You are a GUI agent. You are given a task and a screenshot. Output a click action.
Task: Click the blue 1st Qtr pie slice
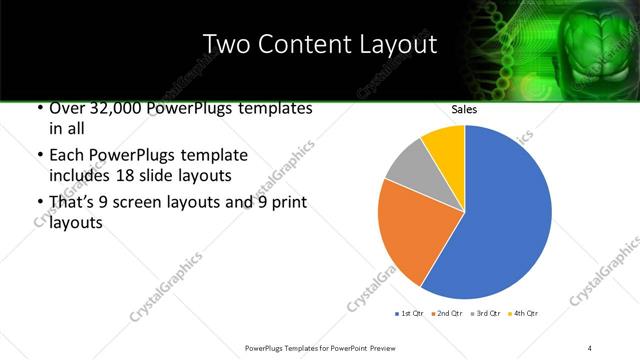click(505, 215)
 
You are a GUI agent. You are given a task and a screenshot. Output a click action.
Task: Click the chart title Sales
click(464, 111)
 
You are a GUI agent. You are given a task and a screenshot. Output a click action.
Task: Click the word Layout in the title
click(399, 44)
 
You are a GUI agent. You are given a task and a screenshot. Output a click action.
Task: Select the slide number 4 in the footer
click(590, 347)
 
